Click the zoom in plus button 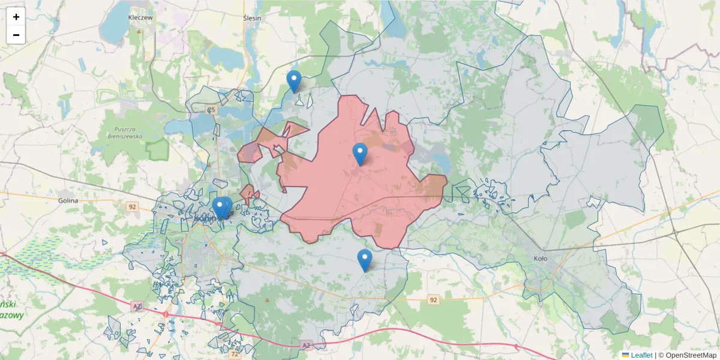pyautogui.click(x=16, y=17)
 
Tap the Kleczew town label pyautogui.click(x=141, y=18)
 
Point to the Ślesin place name pyautogui.click(x=252, y=18)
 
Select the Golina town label pyautogui.click(x=68, y=200)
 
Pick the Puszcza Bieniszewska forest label pyautogui.click(x=127, y=133)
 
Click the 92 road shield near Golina pyautogui.click(x=133, y=206)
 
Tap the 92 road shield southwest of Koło pyautogui.click(x=434, y=299)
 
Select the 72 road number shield pyautogui.click(x=235, y=355)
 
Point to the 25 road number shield pyautogui.click(x=211, y=110)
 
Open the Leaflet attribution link pyautogui.click(x=641, y=355)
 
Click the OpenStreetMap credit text pyautogui.click(x=691, y=355)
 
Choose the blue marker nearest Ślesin pyautogui.click(x=293, y=80)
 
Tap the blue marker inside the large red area pyautogui.click(x=360, y=153)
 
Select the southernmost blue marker pyautogui.click(x=364, y=259)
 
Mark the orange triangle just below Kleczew pyautogui.click(x=139, y=31)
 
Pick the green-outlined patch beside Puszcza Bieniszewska pyautogui.click(x=158, y=150)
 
